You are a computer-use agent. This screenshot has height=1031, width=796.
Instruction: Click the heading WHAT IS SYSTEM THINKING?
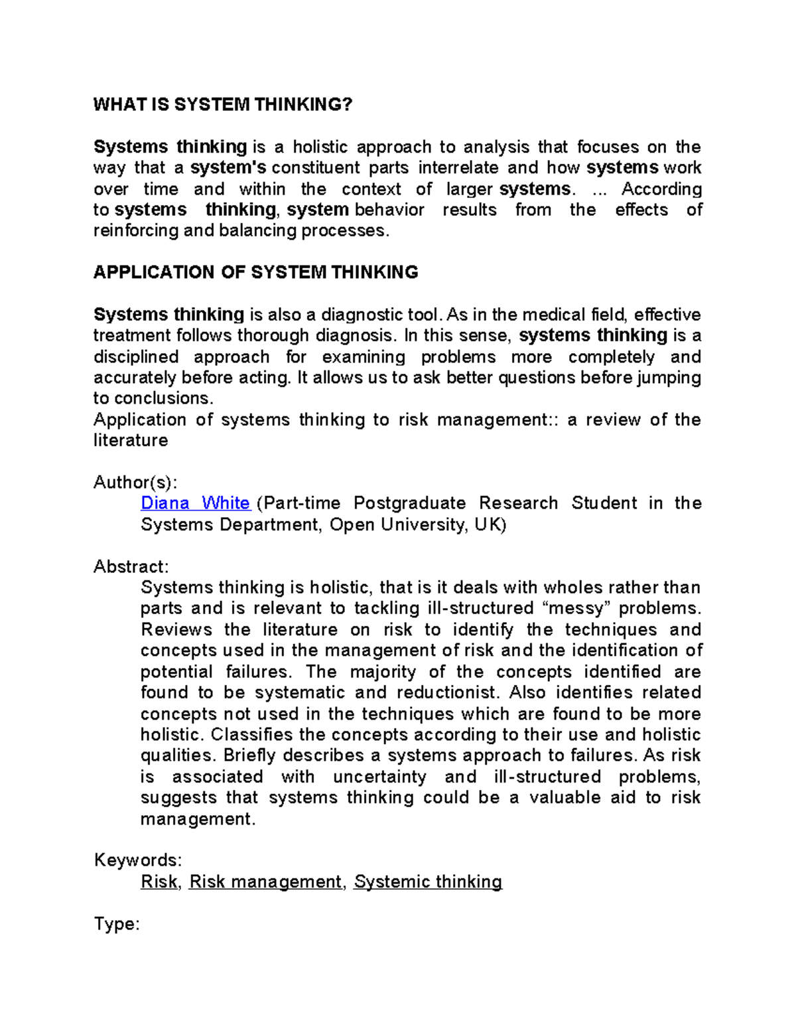[223, 104]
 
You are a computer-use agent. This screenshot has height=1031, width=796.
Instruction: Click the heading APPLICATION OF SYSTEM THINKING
[255, 272]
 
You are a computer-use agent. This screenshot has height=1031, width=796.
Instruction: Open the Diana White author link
[195, 503]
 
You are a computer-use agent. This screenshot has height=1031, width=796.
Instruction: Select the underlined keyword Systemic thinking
[428, 882]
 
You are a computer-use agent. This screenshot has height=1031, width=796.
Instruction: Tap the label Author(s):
[135, 482]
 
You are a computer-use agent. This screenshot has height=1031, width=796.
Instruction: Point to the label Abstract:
[131, 566]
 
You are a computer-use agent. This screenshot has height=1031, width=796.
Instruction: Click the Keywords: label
[138, 860]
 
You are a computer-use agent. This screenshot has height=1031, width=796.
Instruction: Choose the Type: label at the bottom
[117, 923]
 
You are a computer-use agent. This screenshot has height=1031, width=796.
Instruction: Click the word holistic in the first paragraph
[319, 147]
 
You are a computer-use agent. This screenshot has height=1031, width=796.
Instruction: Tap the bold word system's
[228, 167]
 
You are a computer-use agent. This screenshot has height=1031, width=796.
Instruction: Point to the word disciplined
[136, 357]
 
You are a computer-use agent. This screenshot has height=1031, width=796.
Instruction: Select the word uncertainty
[379, 777]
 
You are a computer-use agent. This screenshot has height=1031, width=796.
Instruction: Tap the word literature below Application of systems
[131, 440]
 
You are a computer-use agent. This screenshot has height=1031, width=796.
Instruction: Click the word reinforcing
[135, 230]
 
